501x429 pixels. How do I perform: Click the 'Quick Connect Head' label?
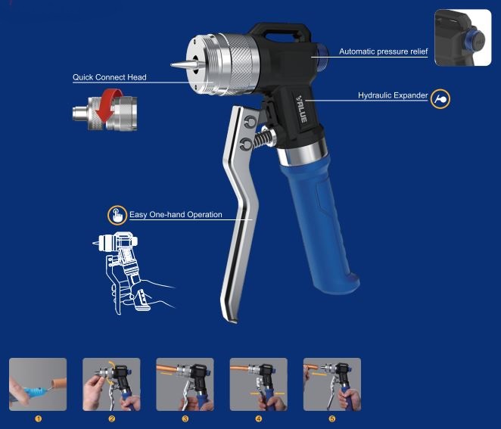pos(109,77)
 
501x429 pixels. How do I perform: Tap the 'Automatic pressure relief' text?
pos(383,51)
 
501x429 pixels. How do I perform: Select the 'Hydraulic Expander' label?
pos(392,96)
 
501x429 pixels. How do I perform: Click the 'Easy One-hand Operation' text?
pos(176,215)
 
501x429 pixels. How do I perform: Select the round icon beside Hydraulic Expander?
pos(440,98)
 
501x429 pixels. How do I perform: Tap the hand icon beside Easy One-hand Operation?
pos(117,215)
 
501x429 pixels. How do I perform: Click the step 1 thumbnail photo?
pos(38,384)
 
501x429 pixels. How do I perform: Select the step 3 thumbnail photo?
pos(185,384)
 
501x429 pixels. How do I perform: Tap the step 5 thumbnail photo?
pos(331,384)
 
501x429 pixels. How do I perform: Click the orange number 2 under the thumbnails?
pos(111,418)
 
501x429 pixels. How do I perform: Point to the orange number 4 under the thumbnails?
pos(258,418)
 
